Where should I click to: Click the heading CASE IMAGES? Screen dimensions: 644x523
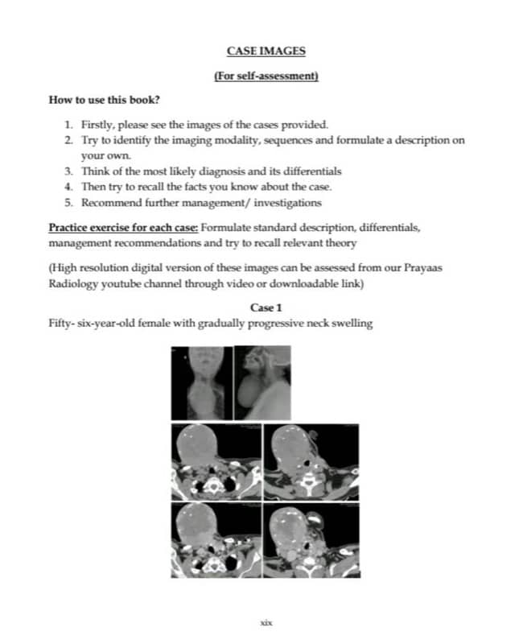pos(266,52)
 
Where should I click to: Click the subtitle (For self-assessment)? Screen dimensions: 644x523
pos(266,77)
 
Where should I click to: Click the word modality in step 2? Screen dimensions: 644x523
pos(241,140)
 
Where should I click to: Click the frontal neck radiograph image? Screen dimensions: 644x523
pos(201,382)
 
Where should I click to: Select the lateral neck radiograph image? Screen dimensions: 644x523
pos(262,382)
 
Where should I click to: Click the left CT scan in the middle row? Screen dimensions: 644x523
pos(216,460)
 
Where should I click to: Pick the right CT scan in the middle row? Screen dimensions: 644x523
pos(314,460)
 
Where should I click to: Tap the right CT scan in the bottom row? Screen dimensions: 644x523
pos(314,538)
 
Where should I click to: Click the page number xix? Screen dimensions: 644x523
pos(266,622)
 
